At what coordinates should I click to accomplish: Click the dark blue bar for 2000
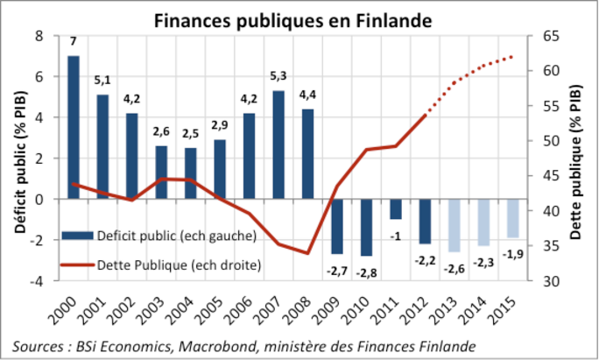[x=74, y=127]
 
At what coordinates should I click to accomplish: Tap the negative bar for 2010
[x=366, y=227]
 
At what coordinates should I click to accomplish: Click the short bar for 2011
[x=396, y=208]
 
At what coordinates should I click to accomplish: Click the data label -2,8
[x=366, y=272]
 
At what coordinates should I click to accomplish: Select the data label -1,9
[x=512, y=254]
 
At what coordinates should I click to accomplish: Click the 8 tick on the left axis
[x=39, y=36]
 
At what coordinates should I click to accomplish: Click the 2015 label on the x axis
[x=503, y=311]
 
